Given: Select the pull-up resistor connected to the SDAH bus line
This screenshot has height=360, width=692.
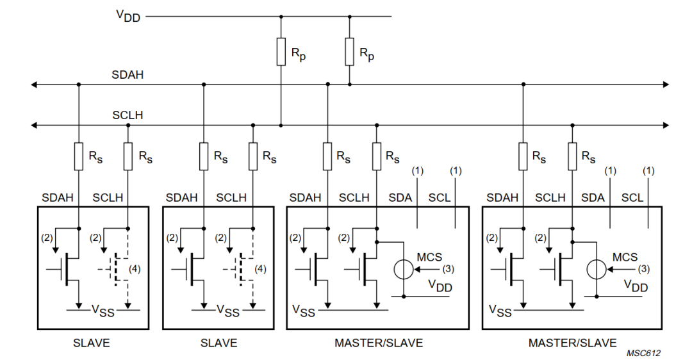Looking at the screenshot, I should coord(349,51).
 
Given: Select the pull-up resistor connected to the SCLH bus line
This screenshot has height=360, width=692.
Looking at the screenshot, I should coord(281,51).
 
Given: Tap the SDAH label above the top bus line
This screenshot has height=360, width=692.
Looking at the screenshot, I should coord(128,75).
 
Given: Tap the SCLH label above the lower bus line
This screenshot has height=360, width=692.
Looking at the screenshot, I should coord(128,115).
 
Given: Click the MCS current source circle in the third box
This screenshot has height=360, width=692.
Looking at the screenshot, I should coord(403,269).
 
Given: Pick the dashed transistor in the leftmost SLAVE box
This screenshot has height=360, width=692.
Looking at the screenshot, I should coord(115,269).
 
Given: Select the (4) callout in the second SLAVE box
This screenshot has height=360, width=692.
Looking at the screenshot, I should coord(259,269).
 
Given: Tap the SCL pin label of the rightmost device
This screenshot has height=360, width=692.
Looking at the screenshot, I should coord(632,198).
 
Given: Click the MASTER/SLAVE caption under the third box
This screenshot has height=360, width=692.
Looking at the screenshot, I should coord(378,343).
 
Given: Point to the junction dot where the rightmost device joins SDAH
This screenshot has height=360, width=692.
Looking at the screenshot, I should coord(523,84).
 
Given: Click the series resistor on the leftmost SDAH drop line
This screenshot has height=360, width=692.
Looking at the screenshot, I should coord(78,156).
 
